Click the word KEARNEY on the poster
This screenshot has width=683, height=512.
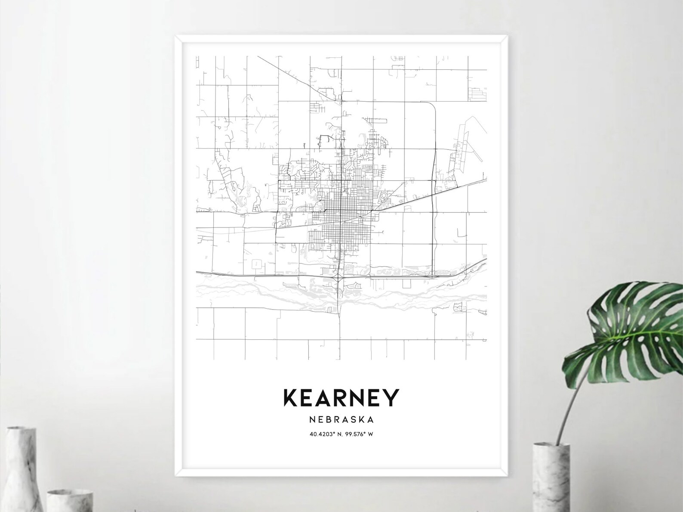point(341,398)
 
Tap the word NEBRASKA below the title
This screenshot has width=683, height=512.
point(341,419)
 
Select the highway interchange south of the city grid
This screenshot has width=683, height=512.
point(340,280)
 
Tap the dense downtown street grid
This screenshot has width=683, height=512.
point(342,215)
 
